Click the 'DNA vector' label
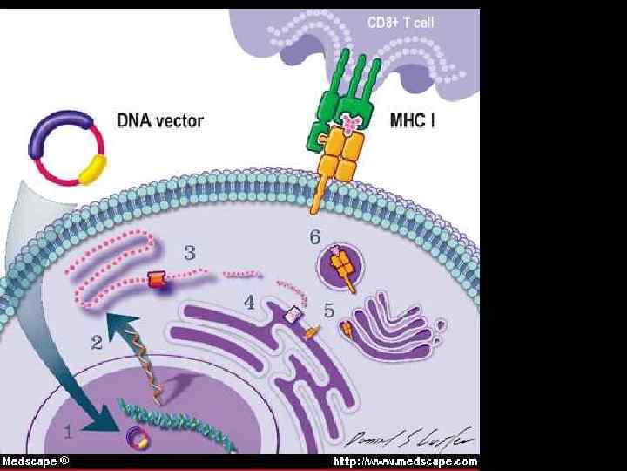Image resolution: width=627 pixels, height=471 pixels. pos(159,120)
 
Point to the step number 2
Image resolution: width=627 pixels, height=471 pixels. pos(96,343)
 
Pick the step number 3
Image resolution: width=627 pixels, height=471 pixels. pos(189,252)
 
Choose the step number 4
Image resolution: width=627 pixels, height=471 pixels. pos(249,303)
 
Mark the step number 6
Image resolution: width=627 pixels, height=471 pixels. pos(315,235)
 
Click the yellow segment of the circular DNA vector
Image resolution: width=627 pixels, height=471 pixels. pos(92,167)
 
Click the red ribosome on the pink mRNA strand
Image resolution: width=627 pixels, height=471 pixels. pos(156,280)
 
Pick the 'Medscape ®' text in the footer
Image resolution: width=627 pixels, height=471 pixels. pos(35,461)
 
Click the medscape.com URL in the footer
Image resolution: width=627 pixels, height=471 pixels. pos(407,461)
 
